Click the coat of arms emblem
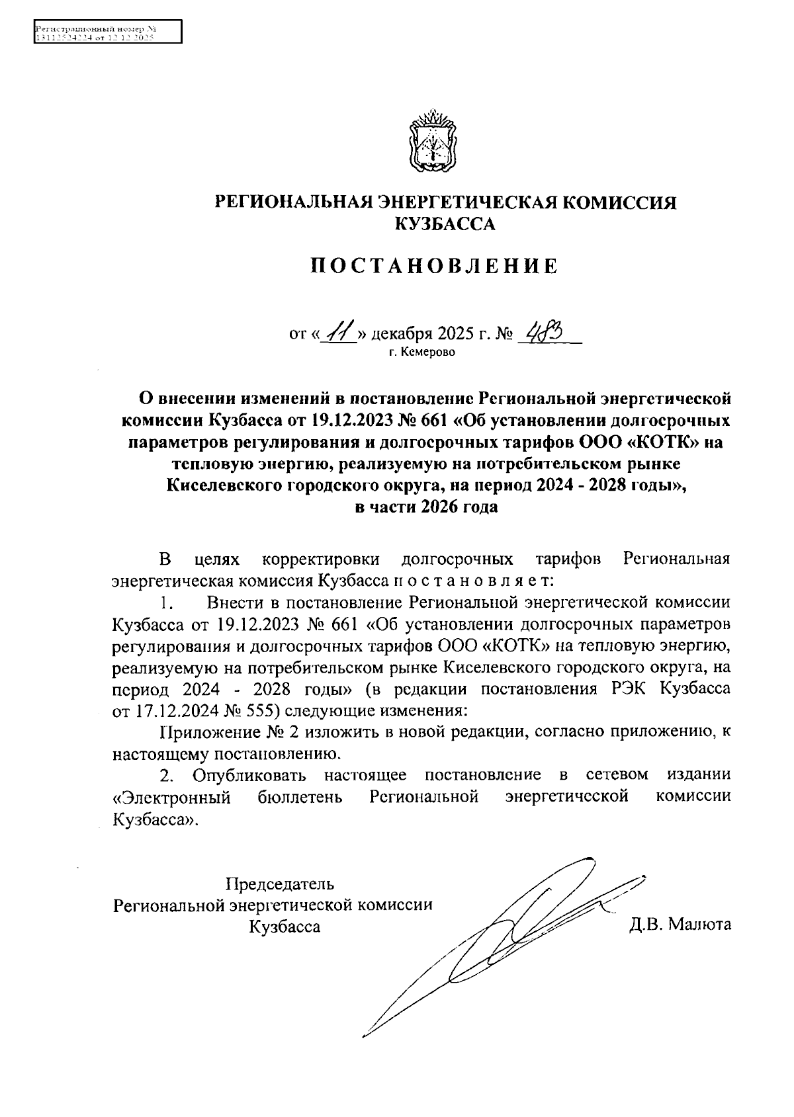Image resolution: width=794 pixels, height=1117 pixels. (x=433, y=142)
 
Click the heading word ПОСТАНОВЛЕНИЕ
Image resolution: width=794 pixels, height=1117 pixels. (x=435, y=266)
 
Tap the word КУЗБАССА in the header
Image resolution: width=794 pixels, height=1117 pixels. (x=444, y=225)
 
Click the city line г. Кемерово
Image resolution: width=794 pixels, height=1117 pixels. (x=422, y=352)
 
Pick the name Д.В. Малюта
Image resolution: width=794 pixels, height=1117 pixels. (x=680, y=924)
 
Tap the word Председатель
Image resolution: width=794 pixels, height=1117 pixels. (x=280, y=884)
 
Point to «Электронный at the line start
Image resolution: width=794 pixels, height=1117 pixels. (x=171, y=796)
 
